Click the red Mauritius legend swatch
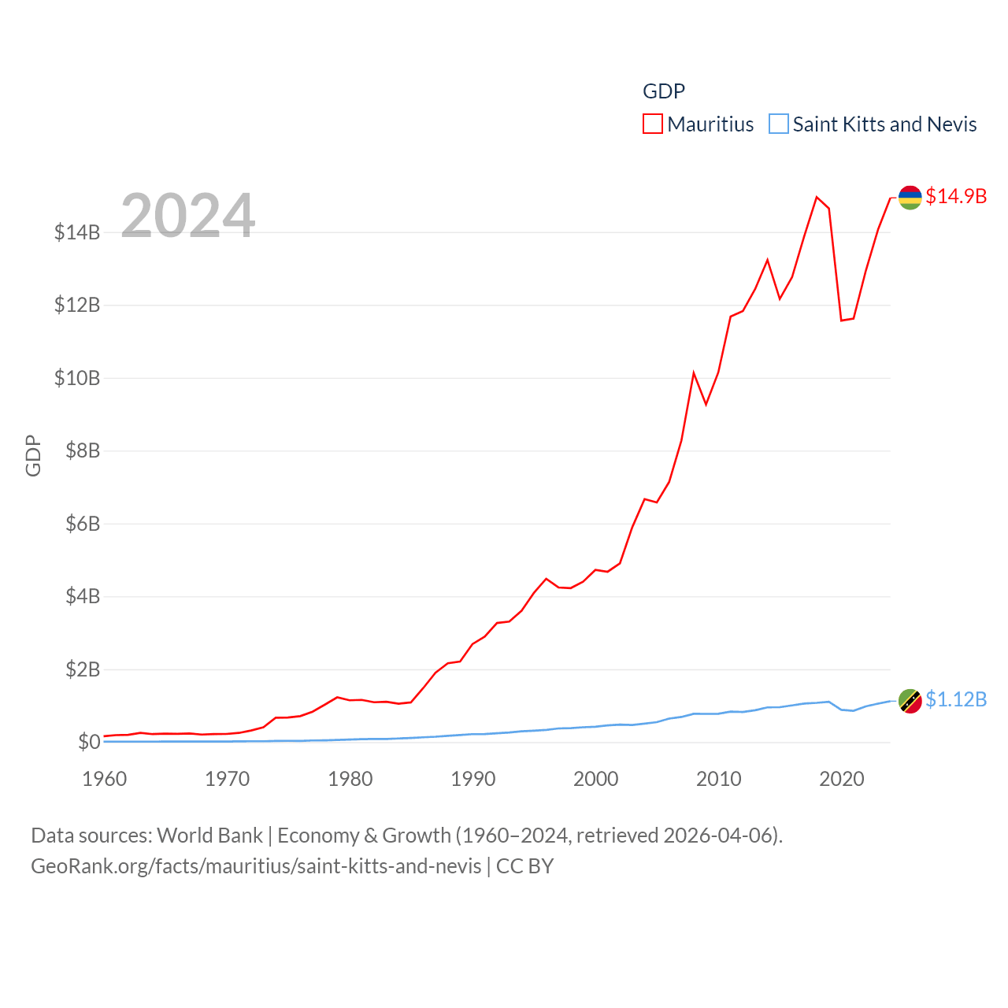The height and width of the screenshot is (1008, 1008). [652, 124]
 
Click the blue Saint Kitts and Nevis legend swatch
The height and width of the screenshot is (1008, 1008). [778, 124]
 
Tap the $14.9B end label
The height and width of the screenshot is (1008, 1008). [956, 196]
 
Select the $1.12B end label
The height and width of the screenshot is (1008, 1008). [956, 699]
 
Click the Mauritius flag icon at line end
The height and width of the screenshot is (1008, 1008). [910, 197]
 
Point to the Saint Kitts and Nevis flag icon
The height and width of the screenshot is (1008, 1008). [910, 700]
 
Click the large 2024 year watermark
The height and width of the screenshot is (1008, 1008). [187, 215]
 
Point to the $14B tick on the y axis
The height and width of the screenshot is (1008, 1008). [77, 232]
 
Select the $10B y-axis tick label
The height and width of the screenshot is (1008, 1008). [77, 378]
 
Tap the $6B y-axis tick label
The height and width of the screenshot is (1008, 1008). [83, 524]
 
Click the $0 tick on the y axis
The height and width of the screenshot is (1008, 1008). [89, 742]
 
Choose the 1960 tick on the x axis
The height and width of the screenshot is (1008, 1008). [105, 779]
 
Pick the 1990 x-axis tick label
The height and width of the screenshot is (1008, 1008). [473, 779]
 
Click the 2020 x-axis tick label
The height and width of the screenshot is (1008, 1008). [842, 779]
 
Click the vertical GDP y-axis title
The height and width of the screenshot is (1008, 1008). [33, 455]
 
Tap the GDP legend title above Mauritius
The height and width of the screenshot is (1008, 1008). [664, 91]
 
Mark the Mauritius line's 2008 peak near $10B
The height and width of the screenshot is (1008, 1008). [694, 372]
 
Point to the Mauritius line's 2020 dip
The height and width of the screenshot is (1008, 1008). [841, 321]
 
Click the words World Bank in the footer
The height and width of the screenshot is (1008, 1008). [209, 835]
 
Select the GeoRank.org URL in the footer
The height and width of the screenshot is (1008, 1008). [256, 866]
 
